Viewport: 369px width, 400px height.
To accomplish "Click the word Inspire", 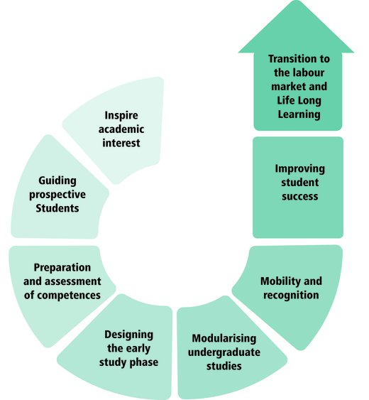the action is pos(121,116).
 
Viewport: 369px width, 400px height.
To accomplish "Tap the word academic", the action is pos(121,129).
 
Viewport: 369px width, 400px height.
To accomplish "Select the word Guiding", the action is pos(57,181).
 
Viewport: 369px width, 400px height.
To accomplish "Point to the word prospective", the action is pos(57,195).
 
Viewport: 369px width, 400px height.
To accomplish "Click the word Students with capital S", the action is pos(57,208).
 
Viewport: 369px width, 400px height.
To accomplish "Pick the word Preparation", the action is pos(62,268).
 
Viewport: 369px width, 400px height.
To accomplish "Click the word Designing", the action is pos(128,335).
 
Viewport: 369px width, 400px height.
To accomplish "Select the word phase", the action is pos(143,362).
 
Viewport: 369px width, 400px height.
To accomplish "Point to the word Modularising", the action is pos(224,338).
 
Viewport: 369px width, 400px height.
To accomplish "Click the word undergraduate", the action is pos(224,352).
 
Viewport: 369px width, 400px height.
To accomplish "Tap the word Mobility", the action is pos(277,281).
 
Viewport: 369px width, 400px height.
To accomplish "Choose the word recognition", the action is pos(291,296).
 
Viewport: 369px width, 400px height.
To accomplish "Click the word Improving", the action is pos(299,169).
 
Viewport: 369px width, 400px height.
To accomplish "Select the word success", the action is pos(299,197).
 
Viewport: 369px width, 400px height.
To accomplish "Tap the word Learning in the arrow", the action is pos(299,114).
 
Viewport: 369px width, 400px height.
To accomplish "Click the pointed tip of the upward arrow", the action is pos(296,1).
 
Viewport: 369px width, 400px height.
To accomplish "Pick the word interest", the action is pos(121,143).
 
